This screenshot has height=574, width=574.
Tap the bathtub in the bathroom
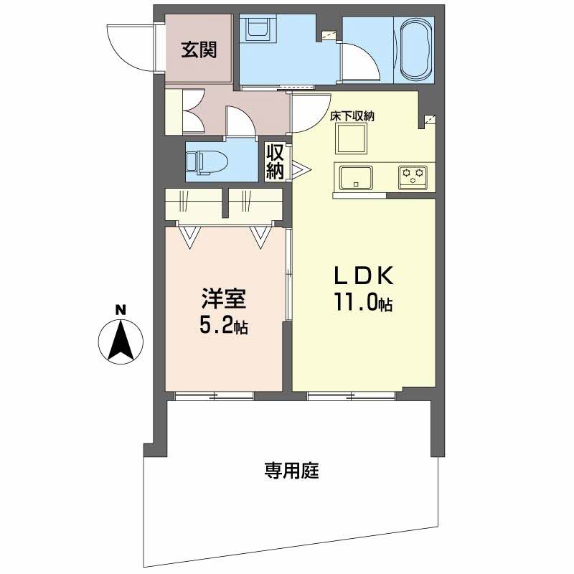pyautogui.click(x=416, y=51)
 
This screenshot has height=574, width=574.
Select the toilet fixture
pyautogui.click(x=204, y=161)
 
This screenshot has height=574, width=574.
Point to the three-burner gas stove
pyautogui.click(x=413, y=176)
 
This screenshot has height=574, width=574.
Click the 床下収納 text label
pyautogui.click(x=354, y=115)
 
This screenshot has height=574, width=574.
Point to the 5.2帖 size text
pyautogui.click(x=223, y=327)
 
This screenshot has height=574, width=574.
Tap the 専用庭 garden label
pyautogui.click(x=291, y=471)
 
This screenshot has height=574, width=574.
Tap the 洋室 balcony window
pyautogui.click(x=214, y=395)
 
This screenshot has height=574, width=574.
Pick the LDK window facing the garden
pyautogui.click(x=352, y=395)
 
